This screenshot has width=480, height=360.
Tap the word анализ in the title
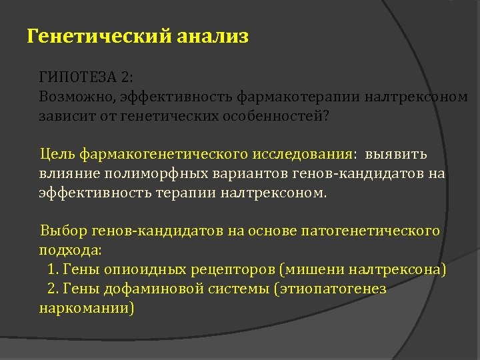(x=213, y=36)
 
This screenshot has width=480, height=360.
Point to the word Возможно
(x=75, y=97)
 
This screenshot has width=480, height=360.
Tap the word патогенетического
(x=371, y=232)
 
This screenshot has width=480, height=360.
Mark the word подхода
(x=70, y=251)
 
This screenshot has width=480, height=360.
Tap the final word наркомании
(x=87, y=309)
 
